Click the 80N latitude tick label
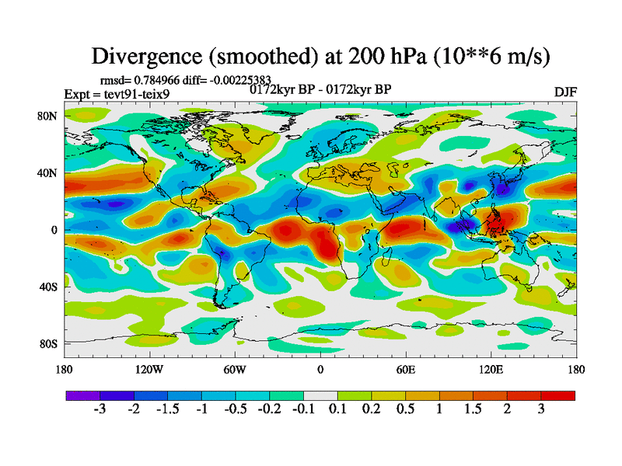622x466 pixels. (x=48, y=116)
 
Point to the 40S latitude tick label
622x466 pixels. (x=48, y=287)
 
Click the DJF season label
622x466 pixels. (x=565, y=92)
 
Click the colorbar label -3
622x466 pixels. (x=100, y=409)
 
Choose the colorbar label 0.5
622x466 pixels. (x=405, y=409)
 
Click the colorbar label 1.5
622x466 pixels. (x=473, y=409)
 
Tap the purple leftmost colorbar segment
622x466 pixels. (x=82, y=395)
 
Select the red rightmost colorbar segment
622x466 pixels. (x=558, y=395)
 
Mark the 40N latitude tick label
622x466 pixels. (x=48, y=172)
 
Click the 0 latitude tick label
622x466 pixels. (x=54, y=230)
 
